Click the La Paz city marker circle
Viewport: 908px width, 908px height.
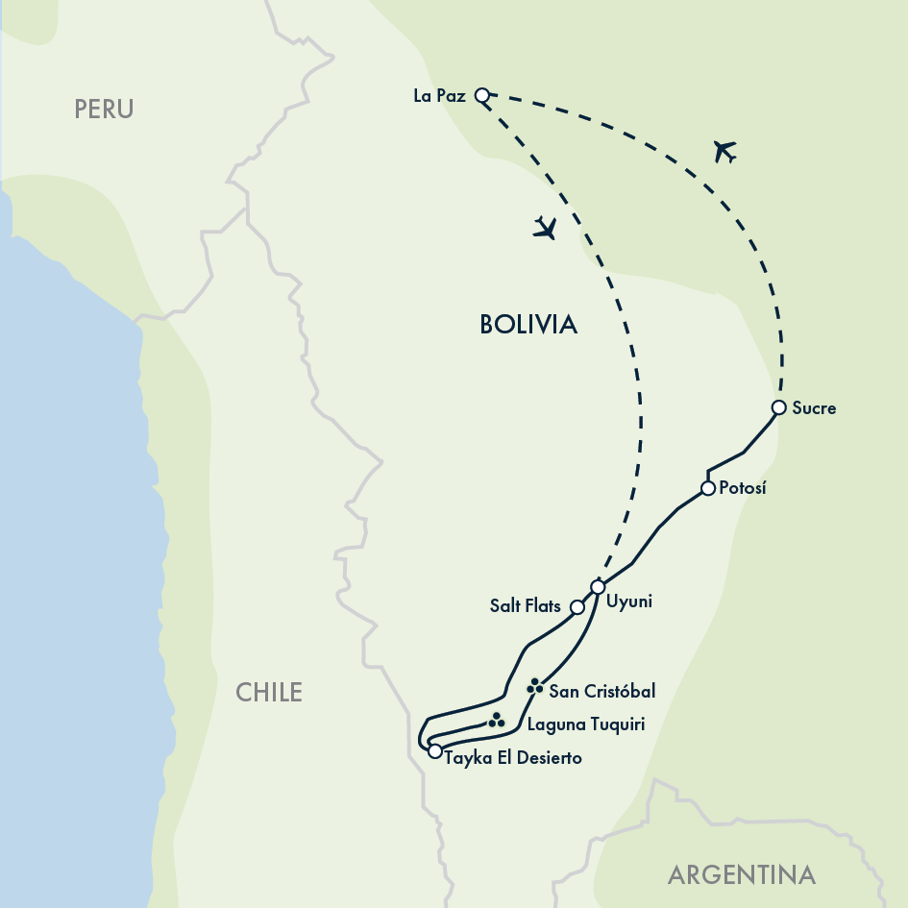click(482, 94)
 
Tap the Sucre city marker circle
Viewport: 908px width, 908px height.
click(779, 407)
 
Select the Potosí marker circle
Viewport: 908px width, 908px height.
click(708, 488)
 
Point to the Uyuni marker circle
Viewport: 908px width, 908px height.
click(598, 587)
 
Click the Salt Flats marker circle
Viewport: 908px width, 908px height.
click(577, 607)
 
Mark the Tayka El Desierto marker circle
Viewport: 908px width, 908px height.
click(435, 751)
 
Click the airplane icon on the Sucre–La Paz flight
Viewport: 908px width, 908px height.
click(724, 151)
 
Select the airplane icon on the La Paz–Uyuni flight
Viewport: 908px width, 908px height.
click(545, 229)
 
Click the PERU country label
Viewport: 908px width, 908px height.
click(104, 110)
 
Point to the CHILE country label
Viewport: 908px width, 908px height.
click(269, 692)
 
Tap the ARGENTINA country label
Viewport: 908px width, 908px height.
click(742, 875)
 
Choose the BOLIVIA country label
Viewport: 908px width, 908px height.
click(528, 325)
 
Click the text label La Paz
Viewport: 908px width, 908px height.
click(439, 95)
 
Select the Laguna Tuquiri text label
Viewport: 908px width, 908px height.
click(585, 724)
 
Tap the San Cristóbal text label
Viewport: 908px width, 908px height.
click(601, 691)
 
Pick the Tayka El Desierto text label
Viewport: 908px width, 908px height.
click(513, 758)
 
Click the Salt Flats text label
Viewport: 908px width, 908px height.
click(524, 606)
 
